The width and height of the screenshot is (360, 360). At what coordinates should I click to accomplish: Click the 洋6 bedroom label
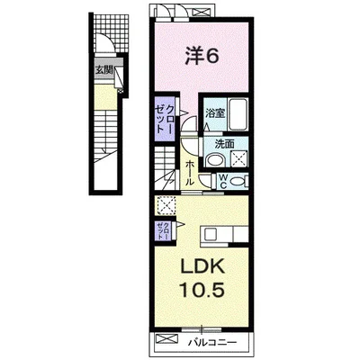click(202, 56)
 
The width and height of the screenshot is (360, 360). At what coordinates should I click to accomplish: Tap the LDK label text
click(202, 266)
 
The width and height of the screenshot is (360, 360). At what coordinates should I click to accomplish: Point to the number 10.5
click(202, 289)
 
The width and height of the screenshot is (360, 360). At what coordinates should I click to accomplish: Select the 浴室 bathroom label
click(215, 113)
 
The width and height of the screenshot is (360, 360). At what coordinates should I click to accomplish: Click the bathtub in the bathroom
click(238, 114)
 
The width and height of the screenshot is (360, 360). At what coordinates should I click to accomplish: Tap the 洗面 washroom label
click(224, 144)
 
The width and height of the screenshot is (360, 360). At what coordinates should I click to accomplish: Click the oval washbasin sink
click(215, 160)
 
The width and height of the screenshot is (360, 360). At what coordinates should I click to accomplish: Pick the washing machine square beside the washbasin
click(239, 158)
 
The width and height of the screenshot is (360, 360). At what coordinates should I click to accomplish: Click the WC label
click(222, 181)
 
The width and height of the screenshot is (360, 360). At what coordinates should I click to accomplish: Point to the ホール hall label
click(190, 173)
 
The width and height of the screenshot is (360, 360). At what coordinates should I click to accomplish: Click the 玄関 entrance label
click(103, 71)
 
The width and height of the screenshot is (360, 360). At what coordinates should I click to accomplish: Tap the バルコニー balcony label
click(212, 342)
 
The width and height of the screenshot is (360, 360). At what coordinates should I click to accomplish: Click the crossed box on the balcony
click(167, 339)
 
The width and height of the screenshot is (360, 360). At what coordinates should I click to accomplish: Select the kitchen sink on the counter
click(211, 235)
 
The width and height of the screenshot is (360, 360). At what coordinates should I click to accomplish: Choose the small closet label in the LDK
click(163, 230)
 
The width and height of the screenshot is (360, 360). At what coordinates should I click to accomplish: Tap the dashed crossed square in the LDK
click(166, 205)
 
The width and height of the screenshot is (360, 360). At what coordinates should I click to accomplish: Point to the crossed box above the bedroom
click(202, 13)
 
